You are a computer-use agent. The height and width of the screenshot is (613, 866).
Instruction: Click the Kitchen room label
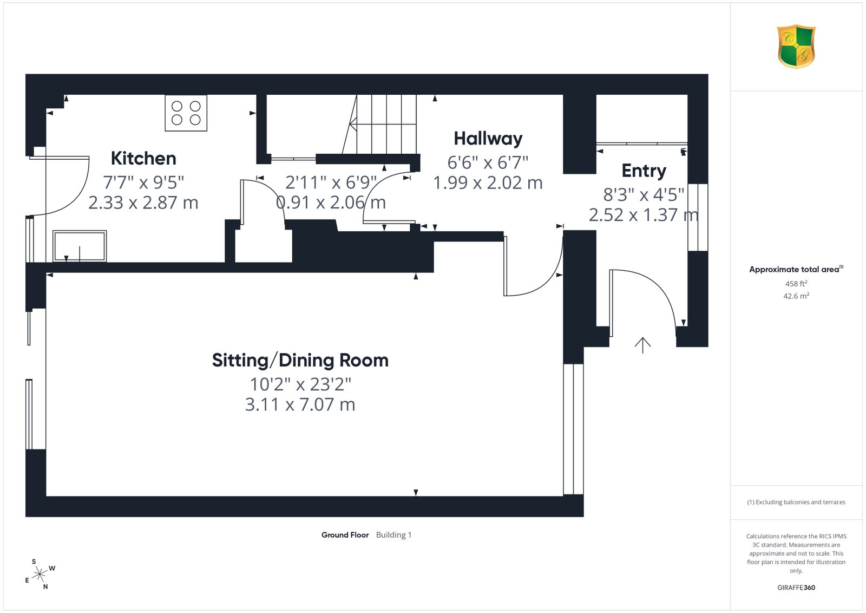(x=143, y=158)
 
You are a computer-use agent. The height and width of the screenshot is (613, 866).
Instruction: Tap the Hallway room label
(x=488, y=139)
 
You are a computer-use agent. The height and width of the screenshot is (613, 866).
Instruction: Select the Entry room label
(x=644, y=171)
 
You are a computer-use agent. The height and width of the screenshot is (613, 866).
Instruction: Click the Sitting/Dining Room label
(x=300, y=361)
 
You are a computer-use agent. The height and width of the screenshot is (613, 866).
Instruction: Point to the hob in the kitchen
(x=186, y=113)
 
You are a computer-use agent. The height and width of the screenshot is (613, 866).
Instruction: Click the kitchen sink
(x=80, y=246)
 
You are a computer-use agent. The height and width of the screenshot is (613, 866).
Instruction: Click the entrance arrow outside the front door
(x=642, y=345)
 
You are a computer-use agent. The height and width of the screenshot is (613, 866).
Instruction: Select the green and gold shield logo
(x=796, y=47)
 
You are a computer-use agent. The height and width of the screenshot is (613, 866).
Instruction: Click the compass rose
(x=40, y=575)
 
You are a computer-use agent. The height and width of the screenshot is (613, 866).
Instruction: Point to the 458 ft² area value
(x=796, y=284)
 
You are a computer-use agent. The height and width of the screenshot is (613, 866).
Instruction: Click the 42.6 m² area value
(x=796, y=296)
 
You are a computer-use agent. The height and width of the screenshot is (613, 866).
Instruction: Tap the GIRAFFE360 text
(x=796, y=588)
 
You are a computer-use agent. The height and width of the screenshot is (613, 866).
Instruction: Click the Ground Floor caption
(x=345, y=535)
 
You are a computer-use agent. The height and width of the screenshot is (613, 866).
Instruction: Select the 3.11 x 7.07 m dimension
(x=300, y=405)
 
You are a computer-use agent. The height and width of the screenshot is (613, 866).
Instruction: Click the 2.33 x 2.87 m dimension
(x=143, y=203)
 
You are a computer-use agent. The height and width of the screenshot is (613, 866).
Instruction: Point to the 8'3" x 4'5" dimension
(x=644, y=194)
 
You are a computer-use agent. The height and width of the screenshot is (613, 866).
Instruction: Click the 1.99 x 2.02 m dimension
(x=488, y=183)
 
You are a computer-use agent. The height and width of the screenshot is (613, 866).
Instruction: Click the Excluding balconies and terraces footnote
(x=796, y=502)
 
